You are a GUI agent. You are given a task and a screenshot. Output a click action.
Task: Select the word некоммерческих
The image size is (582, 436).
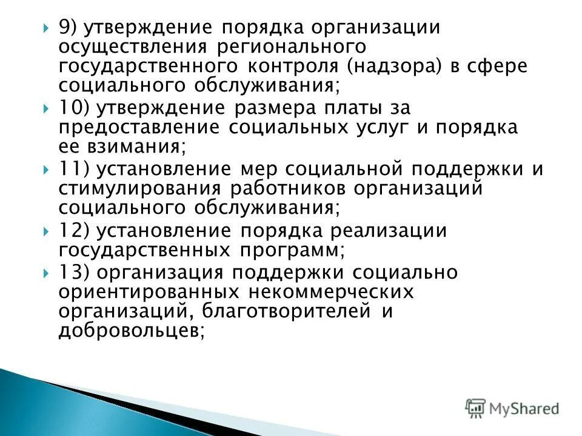(330, 292)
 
